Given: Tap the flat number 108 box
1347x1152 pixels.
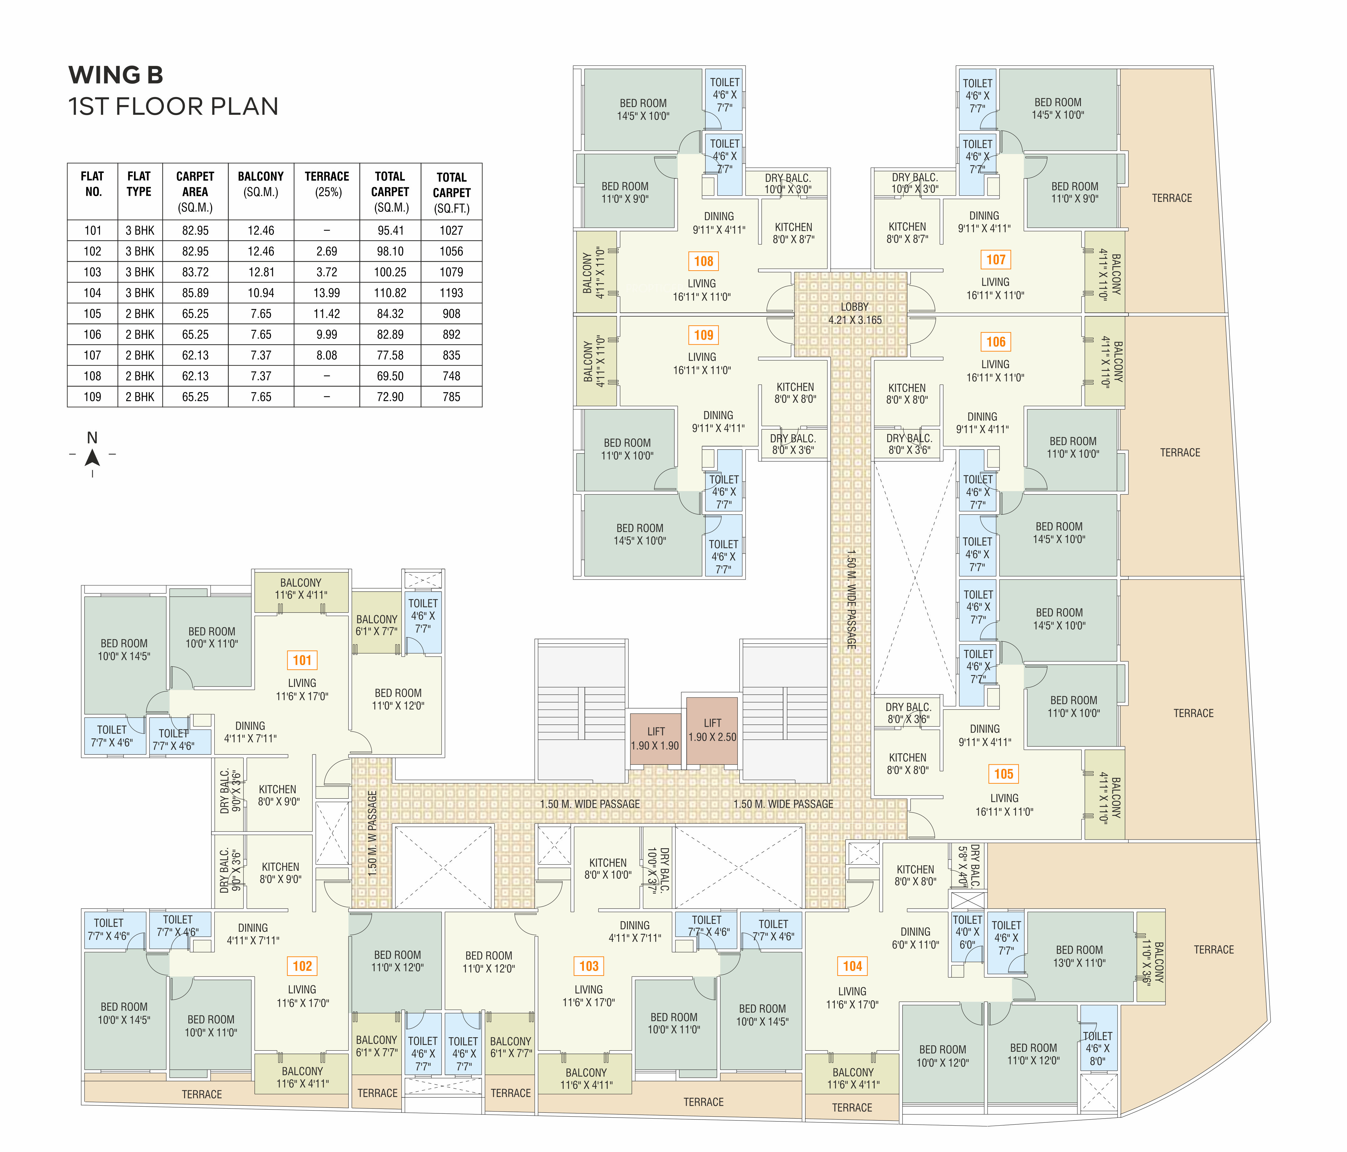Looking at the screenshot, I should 703,262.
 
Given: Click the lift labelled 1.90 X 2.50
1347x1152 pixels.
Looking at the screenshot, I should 712,730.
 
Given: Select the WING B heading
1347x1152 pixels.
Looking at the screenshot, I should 116,76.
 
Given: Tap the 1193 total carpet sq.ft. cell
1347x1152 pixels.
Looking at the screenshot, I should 451,293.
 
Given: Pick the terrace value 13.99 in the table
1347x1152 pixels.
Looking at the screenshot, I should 326,293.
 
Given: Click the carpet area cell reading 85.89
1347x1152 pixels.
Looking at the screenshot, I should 195,293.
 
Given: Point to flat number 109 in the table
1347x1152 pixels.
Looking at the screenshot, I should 92,397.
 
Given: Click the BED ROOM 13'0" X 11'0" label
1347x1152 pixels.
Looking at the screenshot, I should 1079,956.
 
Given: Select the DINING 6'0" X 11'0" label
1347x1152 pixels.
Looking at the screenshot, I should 915,938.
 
